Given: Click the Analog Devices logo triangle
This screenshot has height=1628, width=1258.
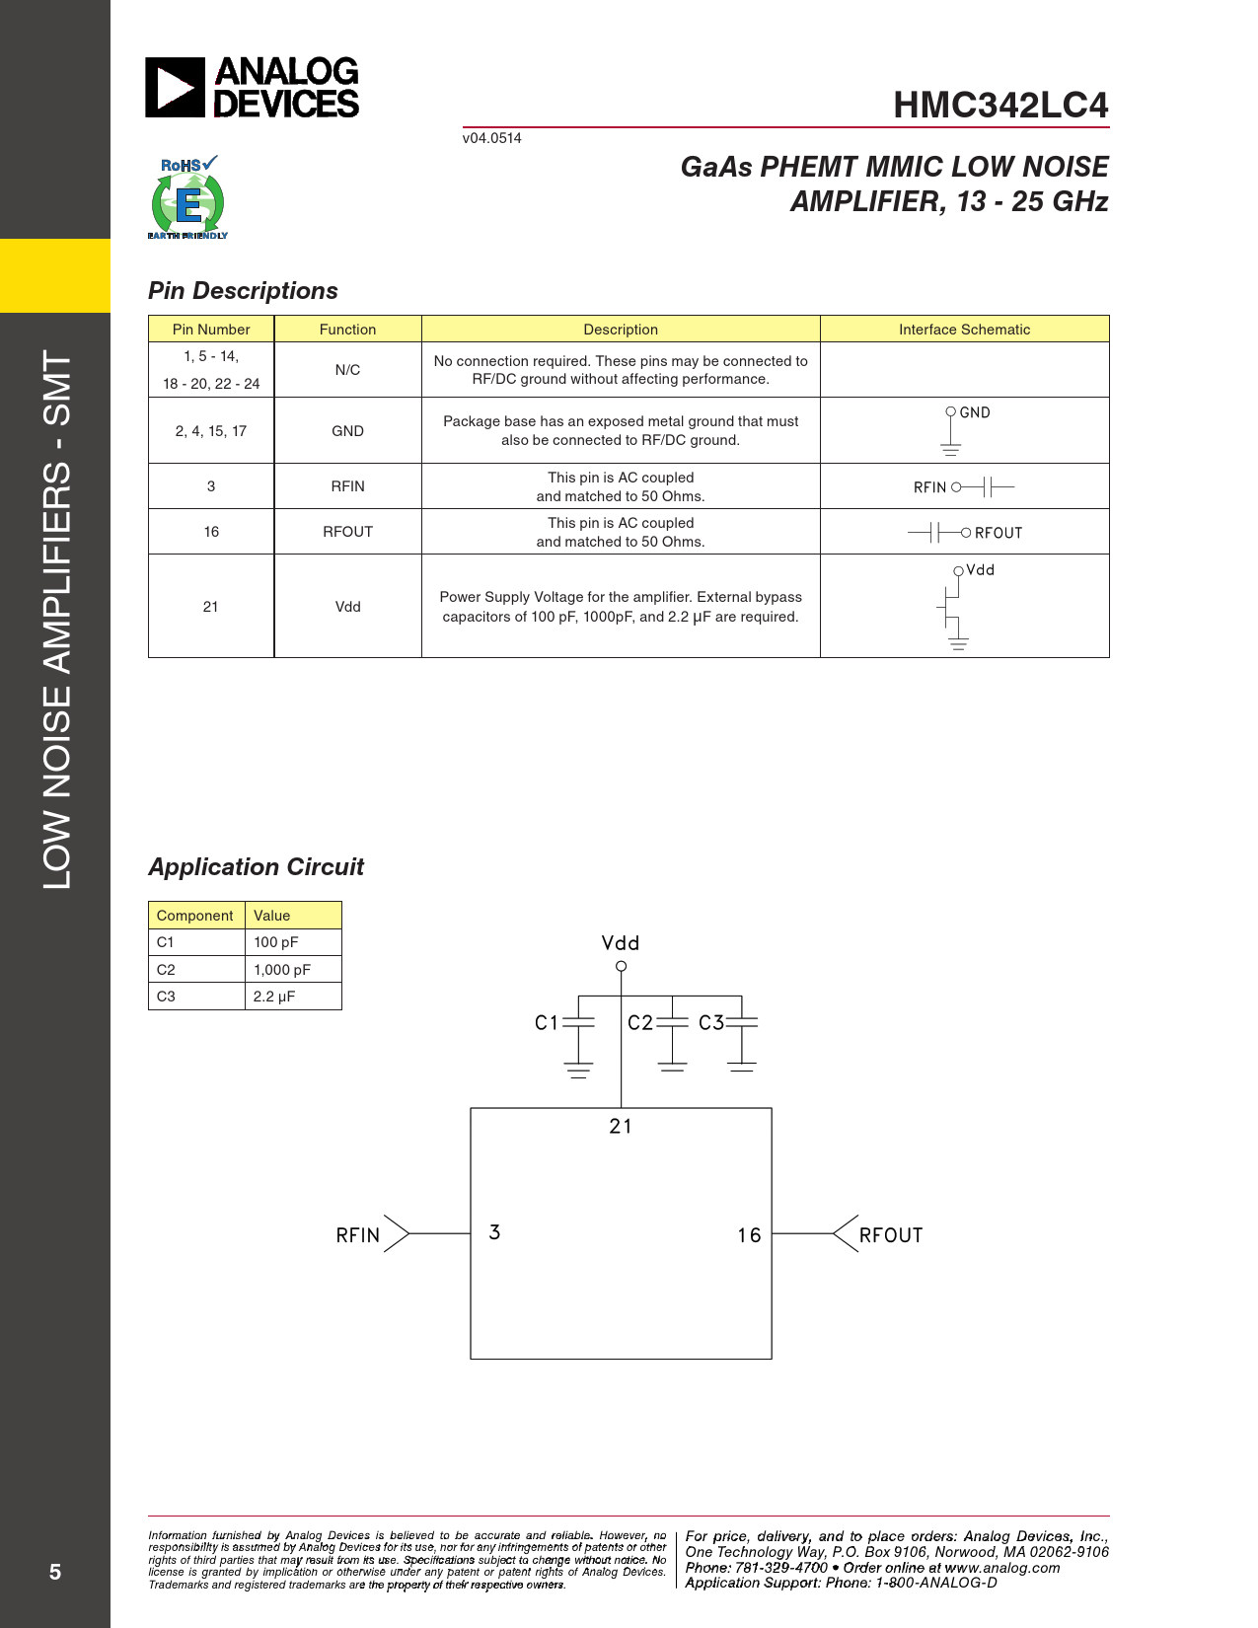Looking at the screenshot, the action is pos(175,87).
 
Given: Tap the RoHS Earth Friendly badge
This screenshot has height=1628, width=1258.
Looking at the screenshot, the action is pos(187,197).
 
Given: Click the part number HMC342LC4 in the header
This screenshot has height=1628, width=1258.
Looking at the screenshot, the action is pos(1000,105).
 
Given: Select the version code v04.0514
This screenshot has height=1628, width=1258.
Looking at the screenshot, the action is pos(491,138).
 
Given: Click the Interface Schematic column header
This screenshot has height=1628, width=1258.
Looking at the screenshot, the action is pos(964,329).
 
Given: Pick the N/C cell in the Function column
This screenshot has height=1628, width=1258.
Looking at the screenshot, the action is pos(347,369).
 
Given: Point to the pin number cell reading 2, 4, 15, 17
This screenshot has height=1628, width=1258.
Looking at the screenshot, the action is pos(210,431).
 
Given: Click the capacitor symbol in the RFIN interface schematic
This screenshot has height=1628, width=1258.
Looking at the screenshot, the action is pos(988,487).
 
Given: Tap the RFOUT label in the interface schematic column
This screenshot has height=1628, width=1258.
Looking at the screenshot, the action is pos(998,533).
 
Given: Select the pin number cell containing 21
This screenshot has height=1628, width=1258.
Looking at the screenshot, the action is pos(210,606).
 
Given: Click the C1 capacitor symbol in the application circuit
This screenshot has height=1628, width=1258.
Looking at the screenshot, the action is pos(578,1022).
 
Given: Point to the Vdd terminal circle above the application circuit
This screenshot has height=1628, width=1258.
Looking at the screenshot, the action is pos(622,967).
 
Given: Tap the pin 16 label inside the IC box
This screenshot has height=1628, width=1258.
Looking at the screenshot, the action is pos(749,1234).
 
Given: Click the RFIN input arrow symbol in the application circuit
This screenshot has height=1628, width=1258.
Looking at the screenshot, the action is pos(397,1233).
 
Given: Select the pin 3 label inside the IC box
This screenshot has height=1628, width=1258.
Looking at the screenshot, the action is pos(494,1232).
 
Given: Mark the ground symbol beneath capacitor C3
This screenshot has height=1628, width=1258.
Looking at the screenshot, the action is pos(742,1067).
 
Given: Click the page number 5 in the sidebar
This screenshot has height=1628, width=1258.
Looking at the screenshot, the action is pos(54,1572).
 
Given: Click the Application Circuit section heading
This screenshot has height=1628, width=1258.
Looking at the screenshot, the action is pos(256,867).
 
